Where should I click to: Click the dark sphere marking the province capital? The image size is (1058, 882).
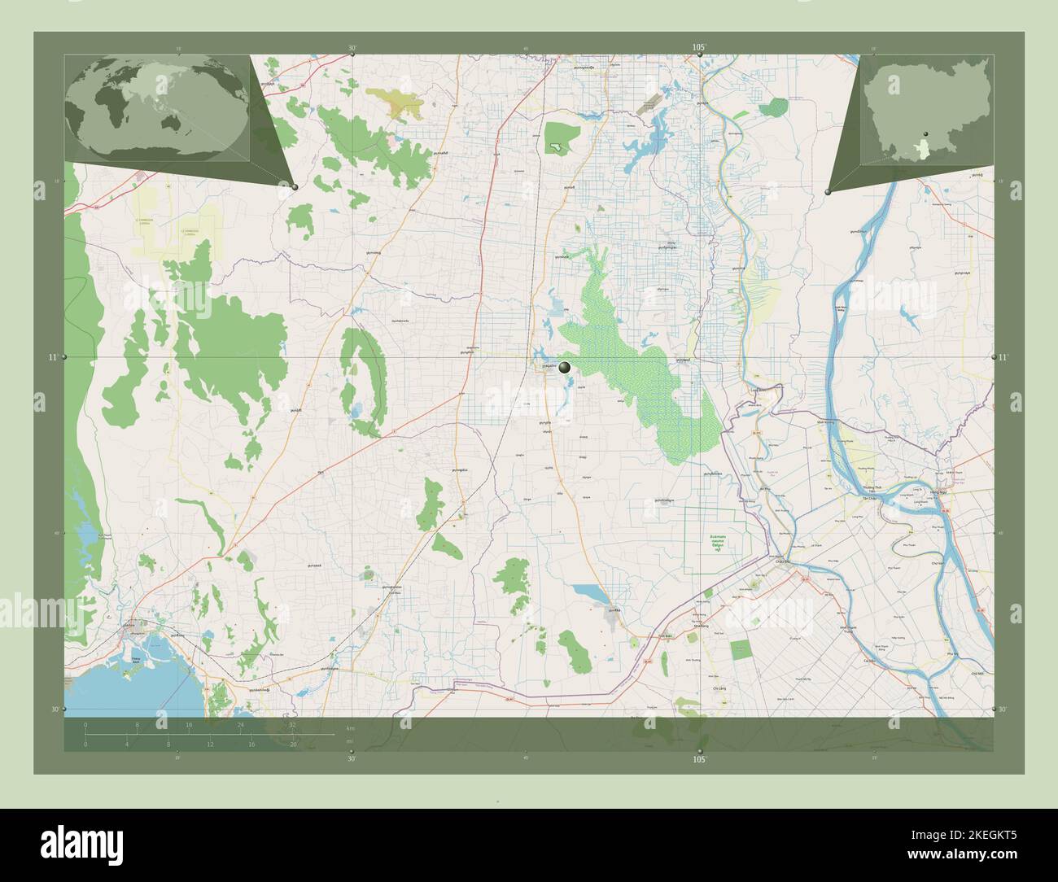(566, 368)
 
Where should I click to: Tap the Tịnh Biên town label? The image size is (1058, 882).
(664, 637)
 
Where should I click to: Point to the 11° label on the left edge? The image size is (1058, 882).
(52, 357)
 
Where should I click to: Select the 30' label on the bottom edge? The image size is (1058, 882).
(352, 758)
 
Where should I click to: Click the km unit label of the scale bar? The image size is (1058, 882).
(350, 727)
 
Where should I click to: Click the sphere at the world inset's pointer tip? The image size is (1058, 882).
(295, 187)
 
